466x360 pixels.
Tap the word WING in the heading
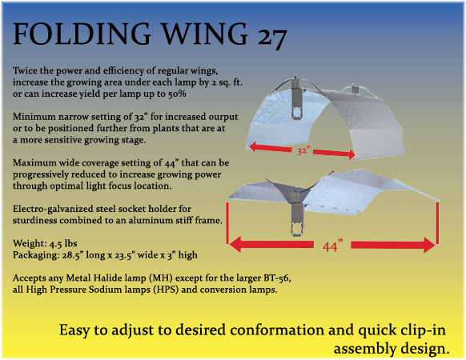(205, 34)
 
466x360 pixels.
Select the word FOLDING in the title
(82, 34)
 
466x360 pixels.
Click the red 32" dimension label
(303, 151)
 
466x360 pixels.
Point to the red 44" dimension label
(332, 246)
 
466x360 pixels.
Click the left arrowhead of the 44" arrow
(235, 245)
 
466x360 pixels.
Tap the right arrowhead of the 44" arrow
(429, 245)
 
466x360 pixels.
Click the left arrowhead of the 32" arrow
(253, 146)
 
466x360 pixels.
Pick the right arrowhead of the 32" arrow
(352, 154)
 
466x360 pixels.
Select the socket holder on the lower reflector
(298, 214)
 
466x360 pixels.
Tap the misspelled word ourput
(223, 117)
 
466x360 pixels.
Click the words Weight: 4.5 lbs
(45, 243)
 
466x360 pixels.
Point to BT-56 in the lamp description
(276, 278)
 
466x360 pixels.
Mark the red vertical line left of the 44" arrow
(227, 223)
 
